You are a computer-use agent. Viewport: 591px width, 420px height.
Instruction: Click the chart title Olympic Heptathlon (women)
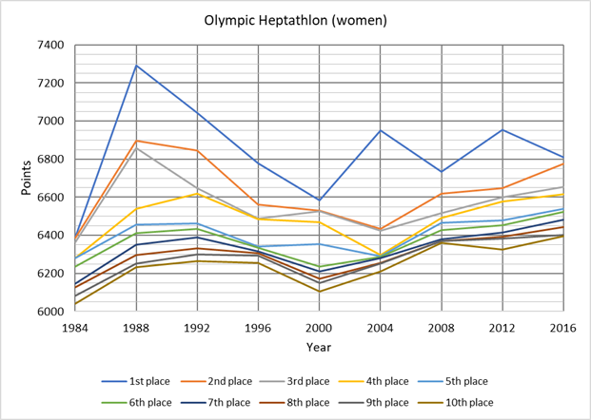[295, 19]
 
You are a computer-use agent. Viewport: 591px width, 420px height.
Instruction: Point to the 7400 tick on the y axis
[49, 45]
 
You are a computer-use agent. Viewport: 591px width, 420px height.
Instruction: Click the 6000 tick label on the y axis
[49, 312]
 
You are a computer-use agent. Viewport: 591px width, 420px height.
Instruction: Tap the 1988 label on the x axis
[134, 328]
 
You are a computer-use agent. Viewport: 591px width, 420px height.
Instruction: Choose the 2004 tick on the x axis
[380, 328]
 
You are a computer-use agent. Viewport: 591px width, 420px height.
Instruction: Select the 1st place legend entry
[143, 382]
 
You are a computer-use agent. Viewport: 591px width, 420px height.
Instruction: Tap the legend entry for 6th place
[143, 403]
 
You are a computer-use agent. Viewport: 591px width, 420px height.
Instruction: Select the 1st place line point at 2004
[380, 130]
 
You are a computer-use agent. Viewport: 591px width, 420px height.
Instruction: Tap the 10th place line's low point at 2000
[319, 291]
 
